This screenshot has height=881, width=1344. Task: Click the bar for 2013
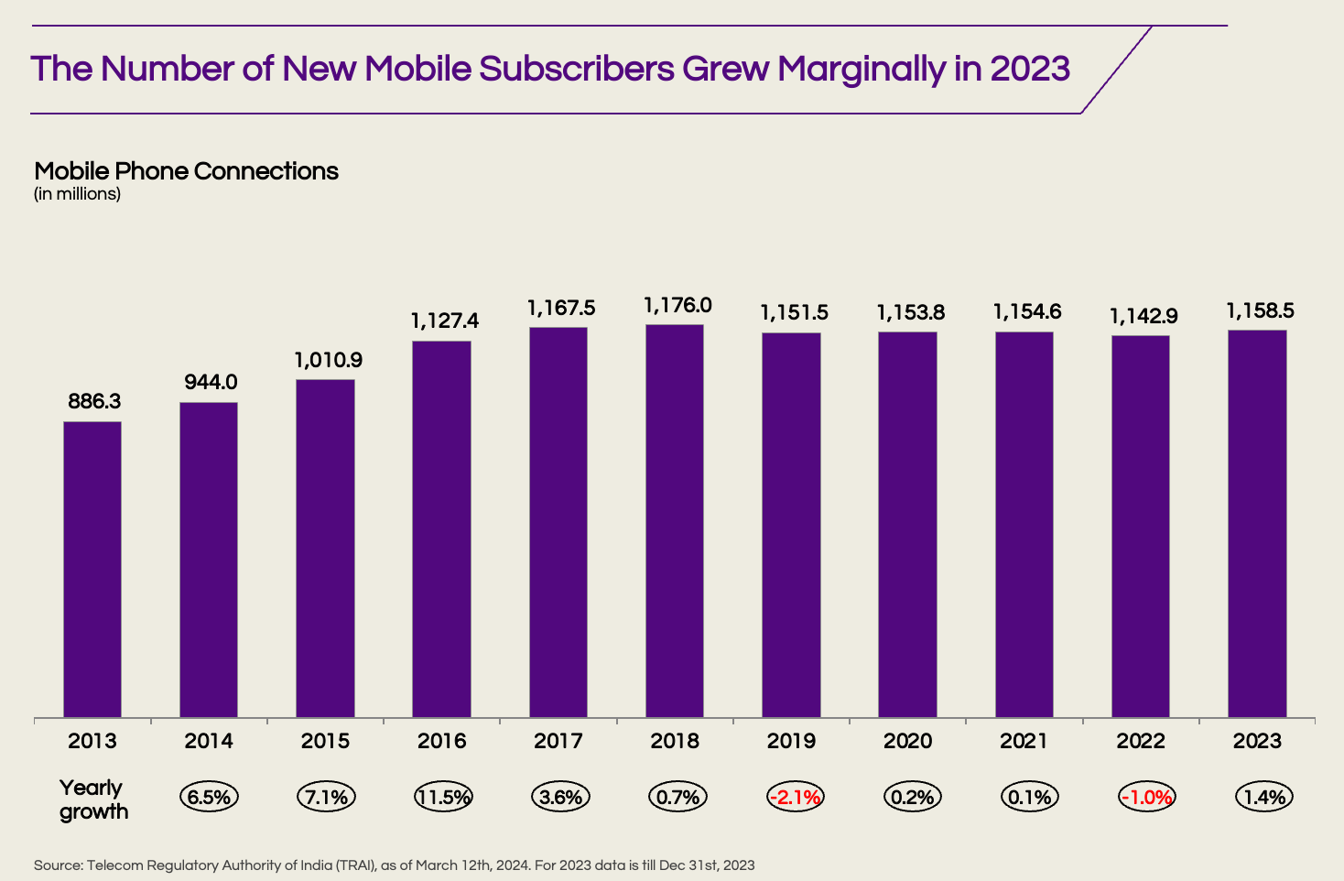pyautogui.click(x=92, y=569)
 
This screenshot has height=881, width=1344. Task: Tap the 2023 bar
pyautogui.click(x=1257, y=523)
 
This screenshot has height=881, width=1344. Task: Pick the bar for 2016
pyautogui.click(x=442, y=528)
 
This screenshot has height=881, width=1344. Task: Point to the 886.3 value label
pyautogui.click(x=94, y=401)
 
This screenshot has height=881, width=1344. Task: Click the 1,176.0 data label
pyautogui.click(x=677, y=305)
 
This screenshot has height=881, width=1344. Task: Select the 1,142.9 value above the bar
pyautogui.click(x=1143, y=316)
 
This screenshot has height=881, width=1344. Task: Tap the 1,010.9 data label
pyautogui.click(x=328, y=360)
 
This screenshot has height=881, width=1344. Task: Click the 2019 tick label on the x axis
pyautogui.click(x=791, y=741)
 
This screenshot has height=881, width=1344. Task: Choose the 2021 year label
pyautogui.click(x=1024, y=741)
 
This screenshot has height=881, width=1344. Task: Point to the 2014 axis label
pyautogui.click(x=209, y=741)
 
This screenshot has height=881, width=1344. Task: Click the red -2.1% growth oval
pyautogui.click(x=795, y=797)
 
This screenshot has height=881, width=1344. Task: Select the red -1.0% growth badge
pyautogui.click(x=1145, y=797)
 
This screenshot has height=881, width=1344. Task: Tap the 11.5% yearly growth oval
pyautogui.click(x=443, y=797)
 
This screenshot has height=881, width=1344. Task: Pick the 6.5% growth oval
pyautogui.click(x=209, y=797)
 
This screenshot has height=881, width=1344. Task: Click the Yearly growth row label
pyautogui.click(x=92, y=799)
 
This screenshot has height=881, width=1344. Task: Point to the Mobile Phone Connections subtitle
pyautogui.click(x=186, y=171)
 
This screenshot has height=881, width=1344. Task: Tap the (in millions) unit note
pyautogui.click(x=77, y=194)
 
